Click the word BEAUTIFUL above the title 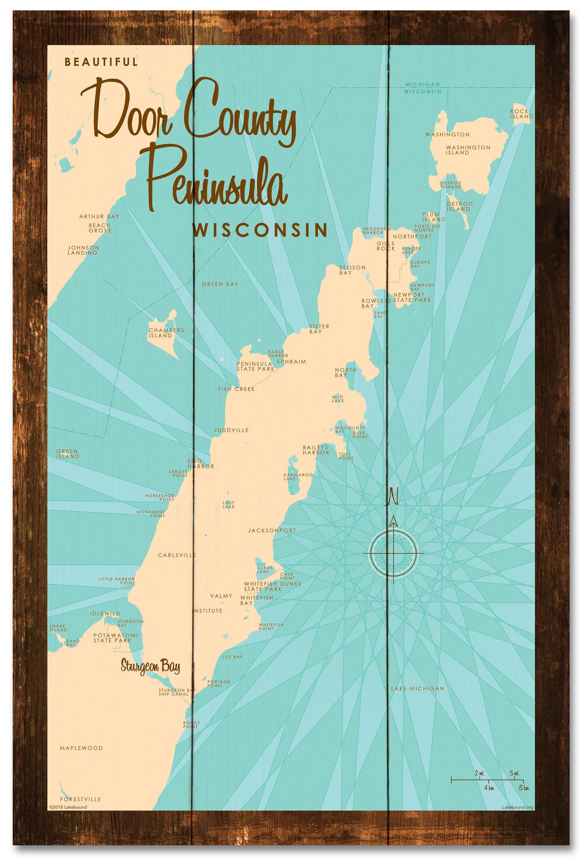tap(101, 62)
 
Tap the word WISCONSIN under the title tap(260, 230)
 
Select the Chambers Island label tap(166, 333)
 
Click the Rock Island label tap(521, 114)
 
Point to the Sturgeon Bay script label tap(150, 667)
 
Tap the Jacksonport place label tap(272, 531)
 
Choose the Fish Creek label tap(236, 389)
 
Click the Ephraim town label tap(291, 362)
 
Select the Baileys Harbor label tap(315, 450)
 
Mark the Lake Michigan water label tap(417, 688)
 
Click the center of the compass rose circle tap(393, 553)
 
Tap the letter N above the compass tap(393, 496)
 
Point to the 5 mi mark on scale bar tap(514, 774)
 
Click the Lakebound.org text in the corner tap(517, 807)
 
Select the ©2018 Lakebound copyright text tap(68, 807)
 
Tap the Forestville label tap(81, 799)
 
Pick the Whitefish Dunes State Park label tap(272, 586)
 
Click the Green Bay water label tap(220, 284)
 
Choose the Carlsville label tap(177, 555)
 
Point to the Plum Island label tap(433, 217)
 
